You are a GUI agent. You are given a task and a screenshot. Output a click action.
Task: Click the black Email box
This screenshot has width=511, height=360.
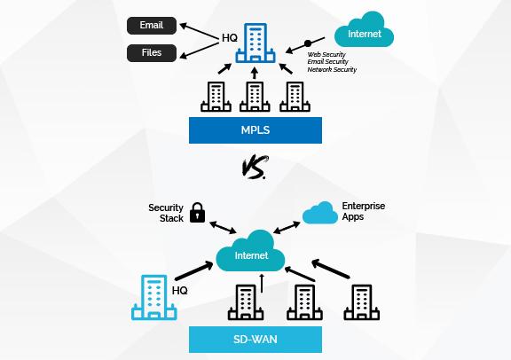pyautogui.click(x=152, y=26)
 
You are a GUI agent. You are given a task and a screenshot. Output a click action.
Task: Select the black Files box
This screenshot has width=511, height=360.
pyautogui.click(x=152, y=53)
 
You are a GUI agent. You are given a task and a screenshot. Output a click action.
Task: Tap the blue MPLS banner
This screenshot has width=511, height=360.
pyautogui.click(x=255, y=130)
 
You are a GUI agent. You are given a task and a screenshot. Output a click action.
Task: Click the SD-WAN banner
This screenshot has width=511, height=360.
pyautogui.click(x=255, y=340)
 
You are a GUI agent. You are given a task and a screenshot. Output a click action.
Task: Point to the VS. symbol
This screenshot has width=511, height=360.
pyautogui.click(x=255, y=167)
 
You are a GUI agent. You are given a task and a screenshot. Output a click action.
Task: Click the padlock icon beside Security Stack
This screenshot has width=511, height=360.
pyautogui.click(x=197, y=213)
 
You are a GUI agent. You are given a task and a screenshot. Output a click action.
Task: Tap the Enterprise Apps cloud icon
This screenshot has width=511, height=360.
pyautogui.click(x=320, y=213)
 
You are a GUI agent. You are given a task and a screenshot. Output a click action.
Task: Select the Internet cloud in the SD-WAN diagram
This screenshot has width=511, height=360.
pyautogui.click(x=250, y=251)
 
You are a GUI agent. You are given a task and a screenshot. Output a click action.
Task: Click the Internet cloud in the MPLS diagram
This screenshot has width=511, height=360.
pyautogui.click(x=365, y=30)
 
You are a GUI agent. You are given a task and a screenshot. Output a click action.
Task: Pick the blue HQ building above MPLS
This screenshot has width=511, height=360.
pyautogui.click(x=255, y=43)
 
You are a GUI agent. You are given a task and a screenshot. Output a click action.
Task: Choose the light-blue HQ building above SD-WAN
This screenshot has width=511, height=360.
pyautogui.click(x=154, y=297)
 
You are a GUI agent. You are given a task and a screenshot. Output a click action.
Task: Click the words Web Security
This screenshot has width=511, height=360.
pyautogui.click(x=326, y=54)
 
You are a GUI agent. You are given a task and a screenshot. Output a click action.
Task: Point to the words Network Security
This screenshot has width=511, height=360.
pyautogui.click(x=332, y=69)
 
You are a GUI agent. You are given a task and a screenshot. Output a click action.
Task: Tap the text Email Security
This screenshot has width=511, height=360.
pyautogui.click(x=327, y=62)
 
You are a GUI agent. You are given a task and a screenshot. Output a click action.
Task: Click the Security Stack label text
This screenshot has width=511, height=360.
pyautogui.click(x=166, y=213)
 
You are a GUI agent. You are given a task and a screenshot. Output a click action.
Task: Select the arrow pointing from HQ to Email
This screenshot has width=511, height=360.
pyautogui.click(x=199, y=32)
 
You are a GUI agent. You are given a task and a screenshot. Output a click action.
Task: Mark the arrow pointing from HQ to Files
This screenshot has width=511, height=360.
pyautogui.click(x=199, y=51)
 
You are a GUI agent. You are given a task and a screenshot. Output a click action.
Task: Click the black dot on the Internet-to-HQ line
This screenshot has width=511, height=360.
pyautogui.click(x=308, y=43)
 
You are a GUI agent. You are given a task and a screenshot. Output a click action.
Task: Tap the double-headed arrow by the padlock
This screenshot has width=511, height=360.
pyautogui.click(x=223, y=227)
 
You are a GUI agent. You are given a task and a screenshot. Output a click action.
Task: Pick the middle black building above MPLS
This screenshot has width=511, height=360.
pyautogui.click(x=255, y=97)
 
